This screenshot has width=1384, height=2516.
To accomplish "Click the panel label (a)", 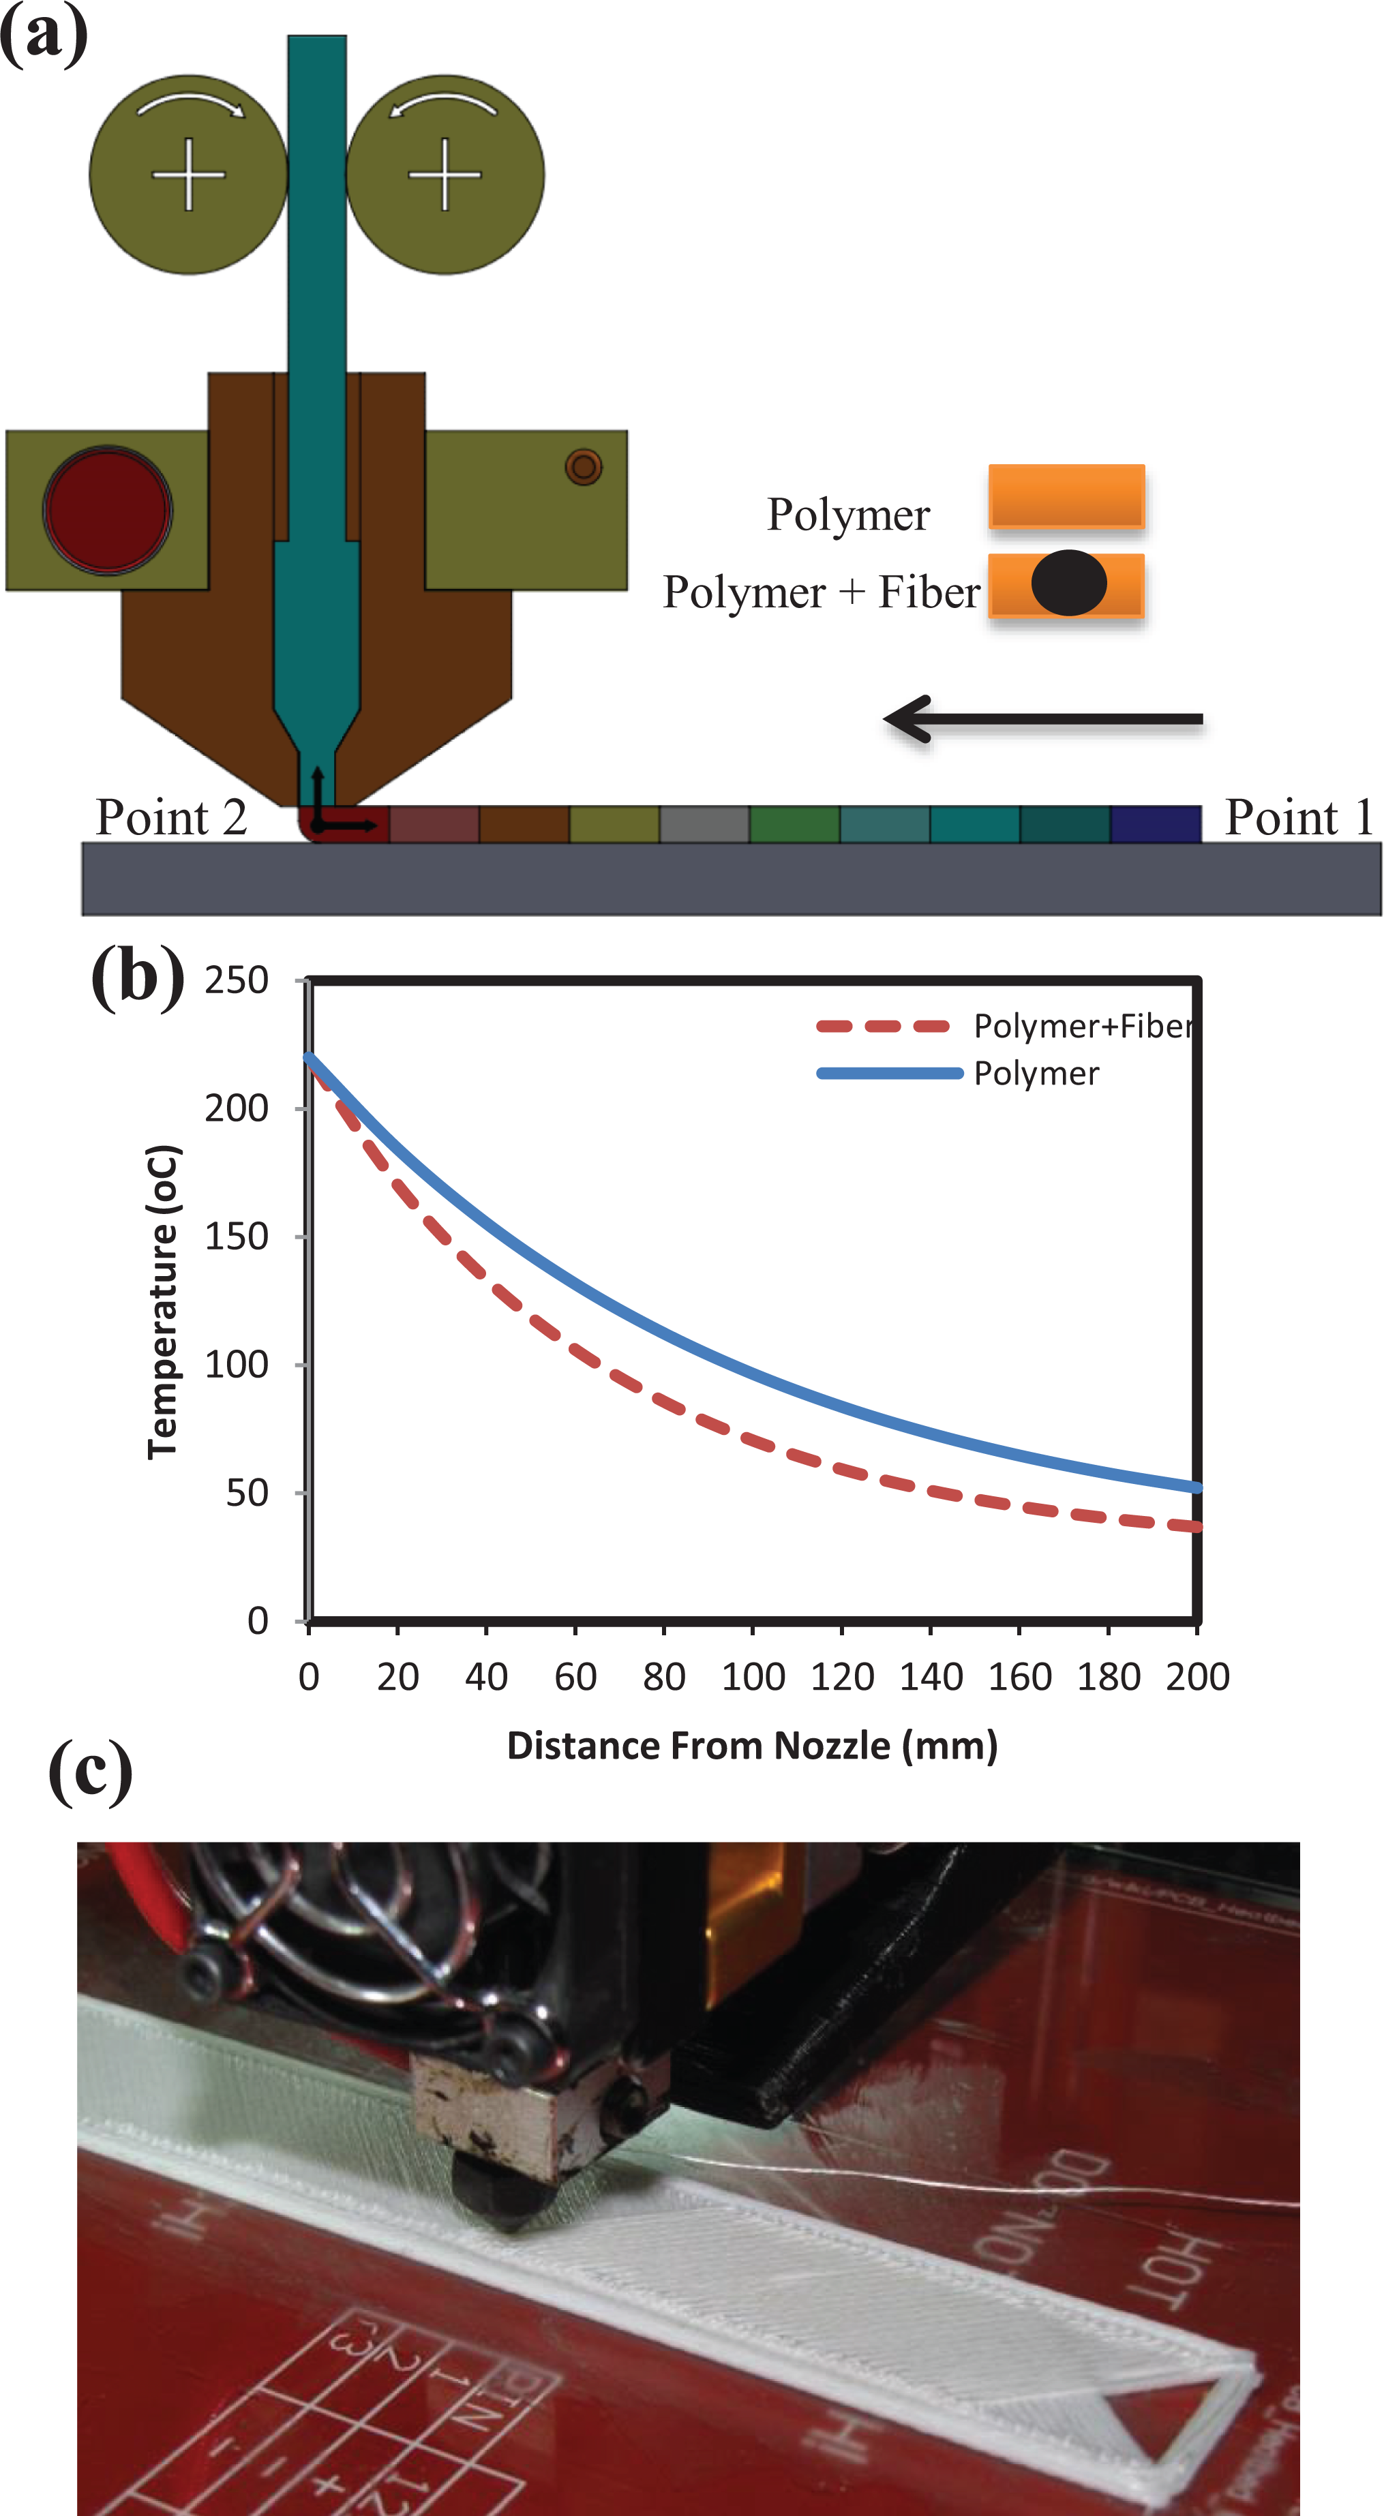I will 44,35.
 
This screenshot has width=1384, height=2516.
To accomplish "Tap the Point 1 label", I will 1298,817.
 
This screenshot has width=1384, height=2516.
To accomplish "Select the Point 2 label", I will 171,817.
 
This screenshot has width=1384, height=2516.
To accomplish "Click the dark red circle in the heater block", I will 108,510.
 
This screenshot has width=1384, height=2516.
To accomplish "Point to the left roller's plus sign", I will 188,175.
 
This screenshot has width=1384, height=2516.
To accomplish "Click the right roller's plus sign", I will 445,175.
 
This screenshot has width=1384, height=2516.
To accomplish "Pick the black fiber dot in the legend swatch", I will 1068,583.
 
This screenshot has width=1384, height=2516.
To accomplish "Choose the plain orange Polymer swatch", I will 1066,496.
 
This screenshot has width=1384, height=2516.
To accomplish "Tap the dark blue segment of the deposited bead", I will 1156,824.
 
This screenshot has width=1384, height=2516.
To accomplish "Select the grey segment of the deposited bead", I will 704,824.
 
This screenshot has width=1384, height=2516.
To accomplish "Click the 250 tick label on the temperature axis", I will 237,980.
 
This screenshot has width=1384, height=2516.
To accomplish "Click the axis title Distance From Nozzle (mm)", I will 752,1745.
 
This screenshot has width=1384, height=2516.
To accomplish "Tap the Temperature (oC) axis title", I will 163,1301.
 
